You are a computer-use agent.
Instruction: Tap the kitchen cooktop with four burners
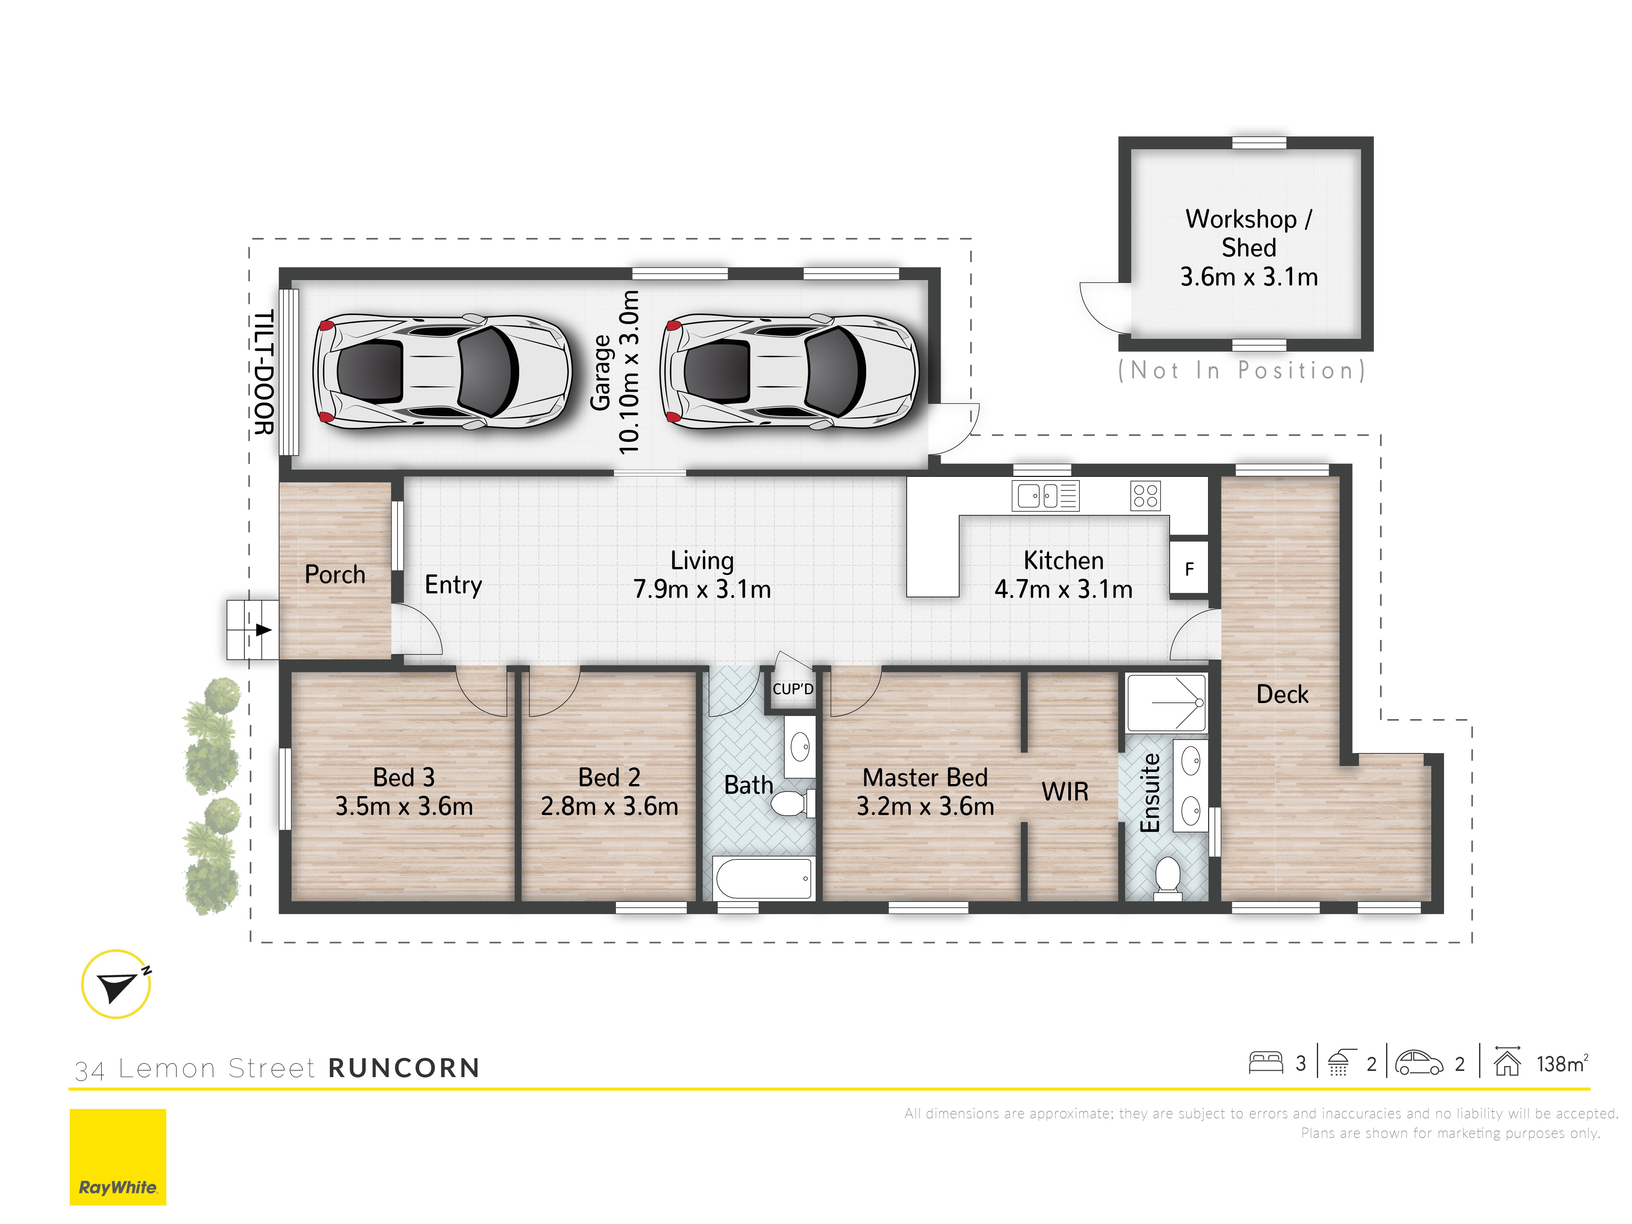coord(1145,496)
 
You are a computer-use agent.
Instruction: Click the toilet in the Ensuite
coord(1167,878)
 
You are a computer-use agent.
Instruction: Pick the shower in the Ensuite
coord(1167,702)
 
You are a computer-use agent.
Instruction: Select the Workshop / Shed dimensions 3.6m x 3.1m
coord(1248,277)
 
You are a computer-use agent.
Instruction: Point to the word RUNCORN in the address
coord(403,1068)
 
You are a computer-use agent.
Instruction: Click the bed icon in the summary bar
coord(1266,1062)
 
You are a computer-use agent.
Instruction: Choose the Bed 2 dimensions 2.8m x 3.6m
coord(609,806)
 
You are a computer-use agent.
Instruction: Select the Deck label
coord(1282,694)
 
